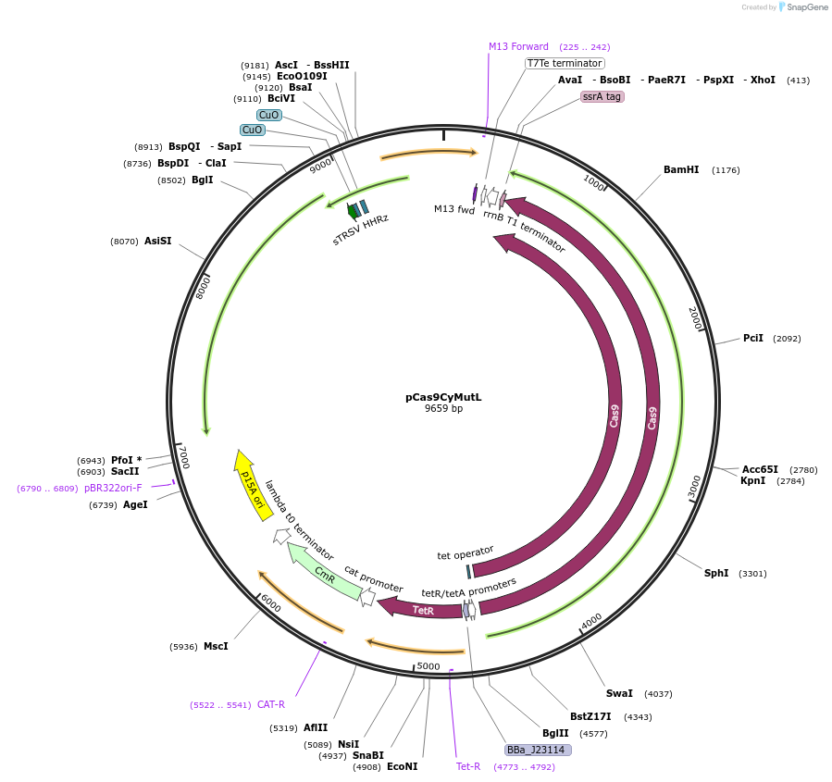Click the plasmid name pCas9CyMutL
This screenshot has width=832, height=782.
click(x=443, y=397)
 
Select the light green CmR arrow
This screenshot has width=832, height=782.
click(x=323, y=573)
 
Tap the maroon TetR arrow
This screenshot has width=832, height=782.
click(x=421, y=610)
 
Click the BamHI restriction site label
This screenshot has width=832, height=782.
click(x=681, y=170)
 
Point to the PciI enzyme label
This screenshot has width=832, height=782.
click(x=753, y=339)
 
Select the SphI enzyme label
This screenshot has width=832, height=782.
click(x=716, y=574)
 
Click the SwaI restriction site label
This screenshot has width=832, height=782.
click(x=619, y=693)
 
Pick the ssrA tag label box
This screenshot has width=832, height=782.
click(x=602, y=96)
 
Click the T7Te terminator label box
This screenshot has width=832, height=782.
click(x=565, y=63)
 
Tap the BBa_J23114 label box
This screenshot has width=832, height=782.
click(x=537, y=750)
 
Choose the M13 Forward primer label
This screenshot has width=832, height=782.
click(x=518, y=46)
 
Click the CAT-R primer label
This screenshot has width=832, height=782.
click(x=271, y=704)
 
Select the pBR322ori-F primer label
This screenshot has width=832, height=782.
click(x=113, y=488)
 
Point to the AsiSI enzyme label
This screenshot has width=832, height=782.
click(x=157, y=242)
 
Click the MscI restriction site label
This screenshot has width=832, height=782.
click(x=216, y=647)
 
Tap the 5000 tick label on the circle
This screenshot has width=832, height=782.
click(x=428, y=666)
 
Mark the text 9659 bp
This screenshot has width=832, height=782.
click(x=443, y=408)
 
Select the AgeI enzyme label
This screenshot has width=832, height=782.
click(x=135, y=505)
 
